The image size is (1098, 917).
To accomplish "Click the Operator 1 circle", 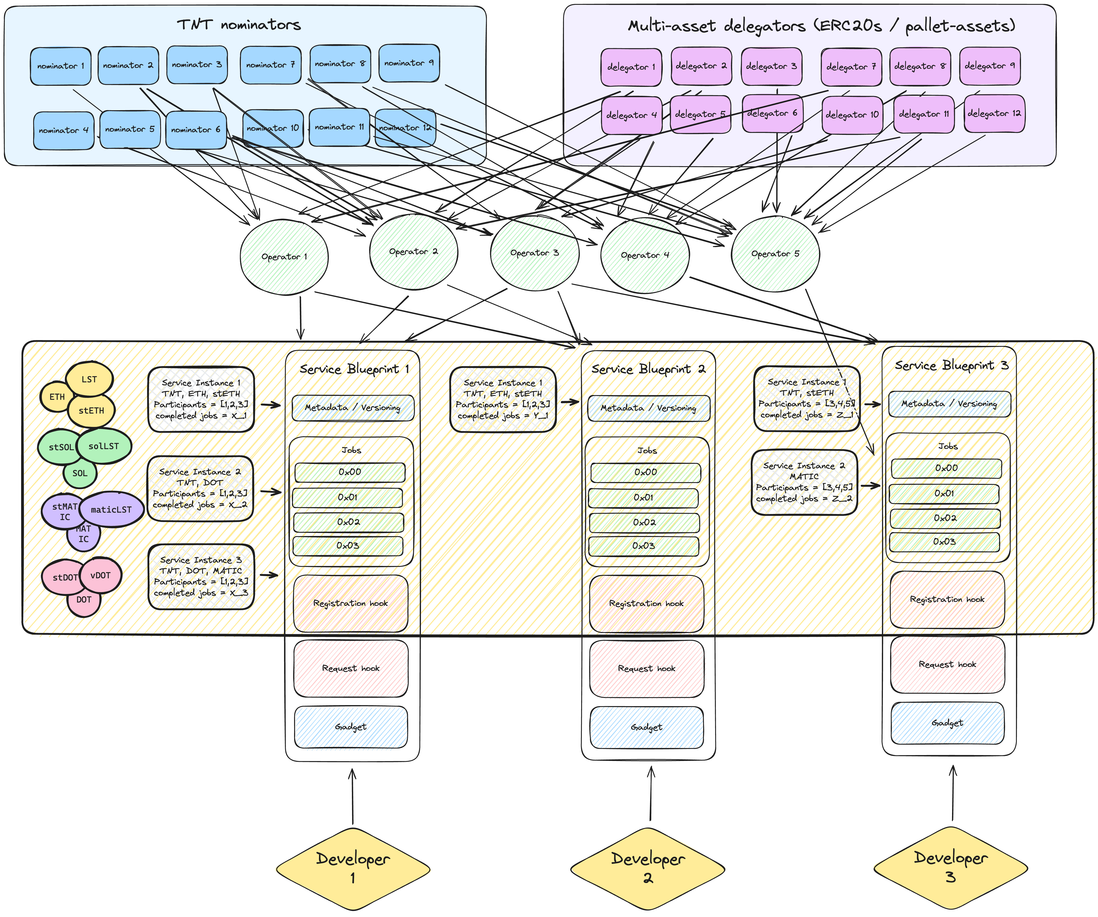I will tap(284, 257).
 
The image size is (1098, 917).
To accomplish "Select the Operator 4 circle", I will tap(645, 255).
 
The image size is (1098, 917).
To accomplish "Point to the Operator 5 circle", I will tap(775, 254).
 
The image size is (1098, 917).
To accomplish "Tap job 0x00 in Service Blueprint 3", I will tap(946, 468).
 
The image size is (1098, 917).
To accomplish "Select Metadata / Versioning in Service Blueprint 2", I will tap(648, 408).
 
